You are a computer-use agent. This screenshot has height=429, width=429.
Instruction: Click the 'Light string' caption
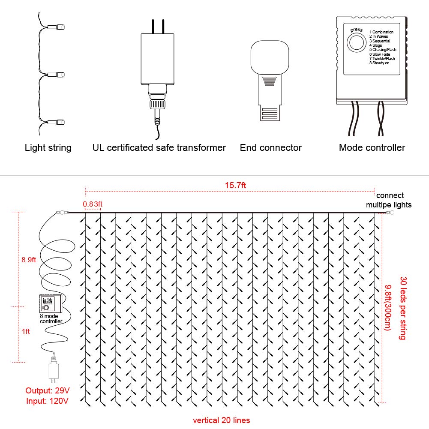[x=48, y=148]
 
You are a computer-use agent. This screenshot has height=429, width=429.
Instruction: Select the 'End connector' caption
[x=270, y=148]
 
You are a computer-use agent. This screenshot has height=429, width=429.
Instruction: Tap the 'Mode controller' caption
[x=372, y=148]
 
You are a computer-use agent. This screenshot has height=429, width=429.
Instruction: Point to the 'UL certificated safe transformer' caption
[x=159, y=148]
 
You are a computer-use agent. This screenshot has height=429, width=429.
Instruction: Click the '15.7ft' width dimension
[x=235, y=186]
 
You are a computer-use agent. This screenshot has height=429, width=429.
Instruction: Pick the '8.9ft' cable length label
[x=30, y=259]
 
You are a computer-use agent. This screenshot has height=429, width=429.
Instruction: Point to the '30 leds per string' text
[x=402, y=308]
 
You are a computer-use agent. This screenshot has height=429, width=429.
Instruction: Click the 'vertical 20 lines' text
[x=221, y=420]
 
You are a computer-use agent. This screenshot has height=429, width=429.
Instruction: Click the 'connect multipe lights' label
[x=389, y=200]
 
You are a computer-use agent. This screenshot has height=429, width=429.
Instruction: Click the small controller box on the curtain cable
[x=51, y=304]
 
